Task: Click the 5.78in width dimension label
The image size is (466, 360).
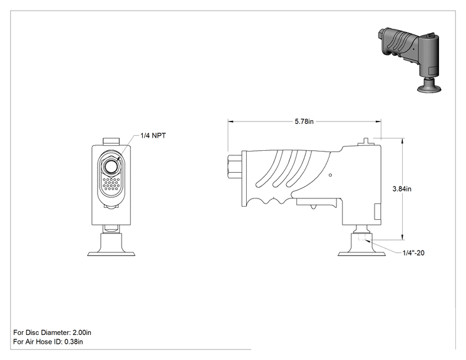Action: tap(304, 121)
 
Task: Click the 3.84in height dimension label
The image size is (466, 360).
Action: tap(402, 189)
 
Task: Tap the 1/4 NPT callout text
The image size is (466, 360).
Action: tap(153, 136)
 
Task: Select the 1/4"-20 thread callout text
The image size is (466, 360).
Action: tap(413, 253)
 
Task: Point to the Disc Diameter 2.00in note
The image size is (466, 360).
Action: tap(53, 332)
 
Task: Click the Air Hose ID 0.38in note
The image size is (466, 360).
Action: tap(48, 342)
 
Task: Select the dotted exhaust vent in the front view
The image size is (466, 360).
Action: tap(111, 184)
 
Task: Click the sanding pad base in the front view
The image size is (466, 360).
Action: tap(111, 245)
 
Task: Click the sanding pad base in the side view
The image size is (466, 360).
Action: tap(361, 245)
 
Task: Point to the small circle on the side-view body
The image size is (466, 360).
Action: tap(331, 175)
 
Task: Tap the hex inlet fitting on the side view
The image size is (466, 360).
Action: tap(235, 167)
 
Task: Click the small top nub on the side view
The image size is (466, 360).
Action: tap(365, 141)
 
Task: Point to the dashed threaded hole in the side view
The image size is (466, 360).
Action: tap(361, 237)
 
